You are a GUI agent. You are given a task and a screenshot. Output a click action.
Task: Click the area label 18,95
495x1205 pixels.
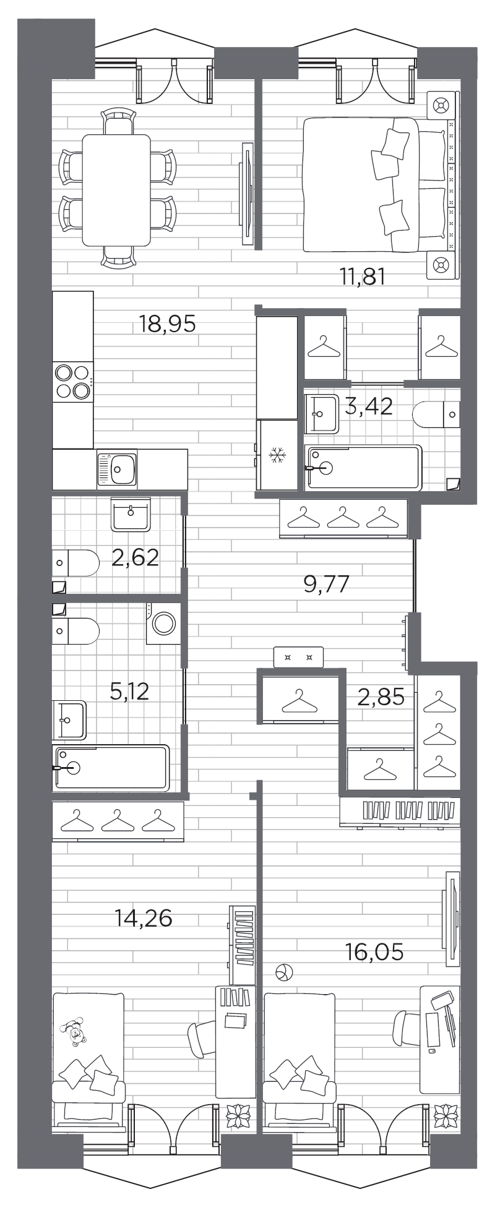[x=167, y=324]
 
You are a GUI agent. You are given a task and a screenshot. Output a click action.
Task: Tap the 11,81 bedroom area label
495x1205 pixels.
[x=363, y=277]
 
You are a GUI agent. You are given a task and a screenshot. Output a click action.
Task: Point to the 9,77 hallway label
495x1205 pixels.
[x=327, y=583]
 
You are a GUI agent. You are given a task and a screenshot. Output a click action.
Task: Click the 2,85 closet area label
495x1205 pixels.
[x=381, y=697]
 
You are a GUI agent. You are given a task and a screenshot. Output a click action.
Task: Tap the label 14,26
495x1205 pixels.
[x=144, y=918]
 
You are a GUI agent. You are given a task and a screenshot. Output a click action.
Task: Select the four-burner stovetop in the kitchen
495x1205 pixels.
[x=73, y=382]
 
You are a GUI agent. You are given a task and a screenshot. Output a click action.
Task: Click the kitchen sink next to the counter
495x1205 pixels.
[x=118, y=468]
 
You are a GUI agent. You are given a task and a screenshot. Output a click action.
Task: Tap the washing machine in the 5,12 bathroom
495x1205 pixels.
[x=163, y=624]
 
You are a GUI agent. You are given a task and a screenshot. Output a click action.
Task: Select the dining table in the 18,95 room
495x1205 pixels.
[x=116, y=190]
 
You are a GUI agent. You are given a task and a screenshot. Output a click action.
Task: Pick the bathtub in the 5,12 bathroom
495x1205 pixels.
[x=111, y=768]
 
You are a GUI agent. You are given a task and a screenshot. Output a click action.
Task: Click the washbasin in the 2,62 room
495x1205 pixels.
[x=131, y=514]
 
